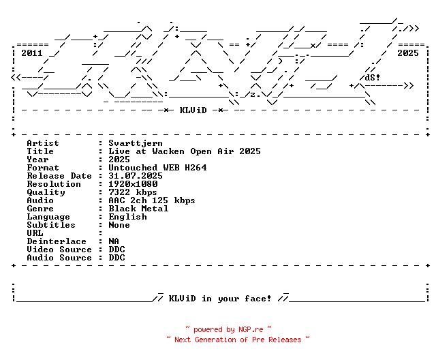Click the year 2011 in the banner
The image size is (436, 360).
coord(32,52)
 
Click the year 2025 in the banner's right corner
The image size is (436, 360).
coord(408,52)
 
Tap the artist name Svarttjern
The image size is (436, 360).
coord(133,143)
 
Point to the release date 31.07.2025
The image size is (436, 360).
coord(136,176)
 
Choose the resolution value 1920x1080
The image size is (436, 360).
coord(133,184)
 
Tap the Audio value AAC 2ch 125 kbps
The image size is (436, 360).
coord(152,200)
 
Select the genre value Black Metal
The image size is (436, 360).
coord(138,209)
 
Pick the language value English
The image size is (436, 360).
coord(127,217)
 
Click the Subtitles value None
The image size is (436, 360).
coord(119,225)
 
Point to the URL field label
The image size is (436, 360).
coord(35,233)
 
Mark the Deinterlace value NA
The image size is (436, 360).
coord(114,241)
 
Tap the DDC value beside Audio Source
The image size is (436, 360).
coord(116,258)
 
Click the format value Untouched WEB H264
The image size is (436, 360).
coord(157,168)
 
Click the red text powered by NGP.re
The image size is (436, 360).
coord(228,329)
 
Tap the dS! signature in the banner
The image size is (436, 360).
coord(373,77)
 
